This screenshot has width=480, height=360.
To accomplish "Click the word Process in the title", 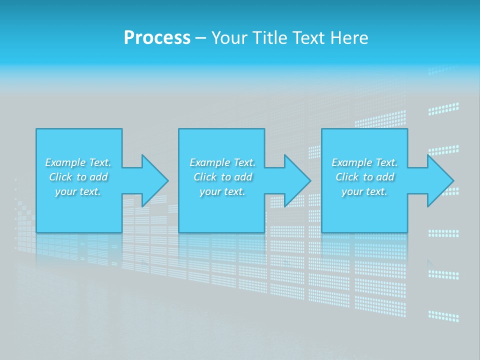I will [157, 37].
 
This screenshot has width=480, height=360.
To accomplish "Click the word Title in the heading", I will [272, 37].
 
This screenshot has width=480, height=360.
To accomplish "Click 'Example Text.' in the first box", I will [78, 162].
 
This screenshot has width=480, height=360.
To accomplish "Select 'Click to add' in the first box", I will [78, 177].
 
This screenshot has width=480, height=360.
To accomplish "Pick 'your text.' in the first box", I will [78, 191].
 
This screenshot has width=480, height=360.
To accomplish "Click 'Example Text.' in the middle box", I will [222, 162].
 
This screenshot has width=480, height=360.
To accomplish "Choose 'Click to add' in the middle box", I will [223, 177].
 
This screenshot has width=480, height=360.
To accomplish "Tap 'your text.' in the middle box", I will [222, 191].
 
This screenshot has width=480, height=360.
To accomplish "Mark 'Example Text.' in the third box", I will [364, 162].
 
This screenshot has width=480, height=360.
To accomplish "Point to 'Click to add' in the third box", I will [365, 177].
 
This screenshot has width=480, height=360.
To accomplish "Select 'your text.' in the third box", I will [364, 191].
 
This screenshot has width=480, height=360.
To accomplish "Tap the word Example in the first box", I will [65, 162].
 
